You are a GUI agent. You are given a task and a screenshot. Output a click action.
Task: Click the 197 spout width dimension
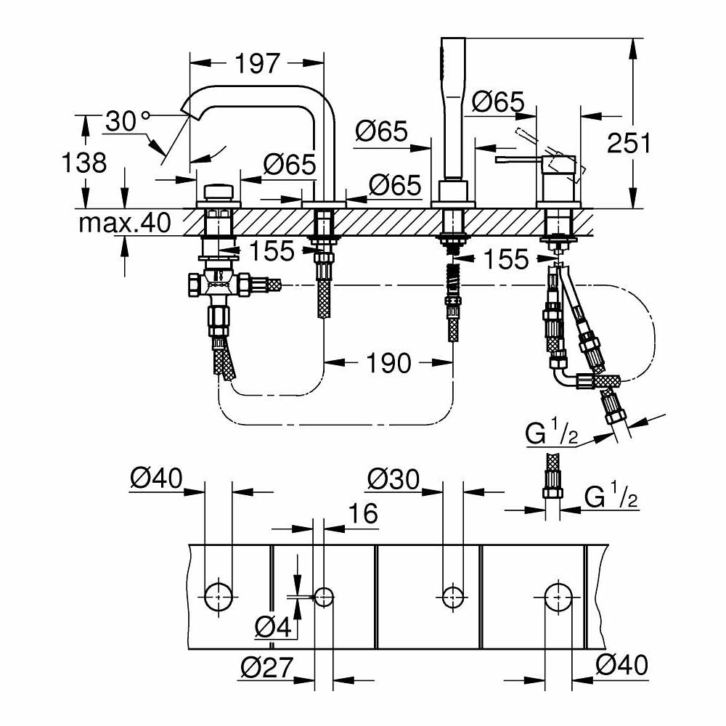[257, 63]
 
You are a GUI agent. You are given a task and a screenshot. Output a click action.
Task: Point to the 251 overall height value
[629, 143]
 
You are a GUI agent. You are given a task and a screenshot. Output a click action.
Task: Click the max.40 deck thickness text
[125, 222]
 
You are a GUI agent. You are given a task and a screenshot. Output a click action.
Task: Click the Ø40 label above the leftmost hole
[155, 478]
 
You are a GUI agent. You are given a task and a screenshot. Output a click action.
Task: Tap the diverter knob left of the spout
[218, 193]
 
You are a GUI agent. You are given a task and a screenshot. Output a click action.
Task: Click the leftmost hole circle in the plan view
[219, 597]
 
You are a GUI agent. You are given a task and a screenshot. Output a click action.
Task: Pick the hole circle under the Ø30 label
[452, 597]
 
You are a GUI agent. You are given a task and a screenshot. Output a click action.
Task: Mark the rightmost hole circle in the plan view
[558, 597]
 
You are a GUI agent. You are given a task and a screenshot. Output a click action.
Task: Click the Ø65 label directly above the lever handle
[497, 102]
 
